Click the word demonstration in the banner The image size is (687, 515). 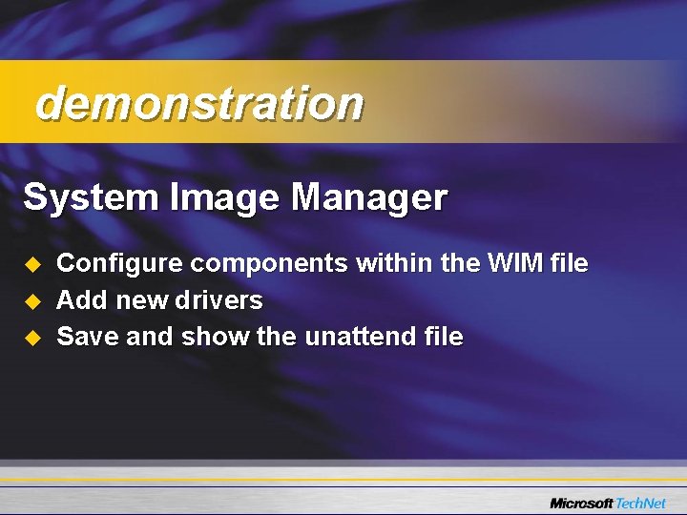198,103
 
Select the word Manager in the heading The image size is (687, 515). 369,198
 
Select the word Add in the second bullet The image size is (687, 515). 83,300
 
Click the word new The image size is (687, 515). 141,301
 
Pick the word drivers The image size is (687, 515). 219,300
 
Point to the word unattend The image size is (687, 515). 361,336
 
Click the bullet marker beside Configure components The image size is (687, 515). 31,264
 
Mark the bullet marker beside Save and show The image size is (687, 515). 31,337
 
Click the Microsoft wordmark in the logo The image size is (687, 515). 581,503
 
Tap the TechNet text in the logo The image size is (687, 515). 643,503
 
